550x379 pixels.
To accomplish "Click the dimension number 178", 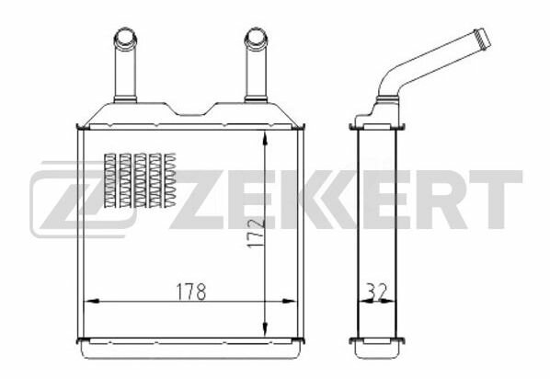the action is pyautogui.click(x=191, y=292).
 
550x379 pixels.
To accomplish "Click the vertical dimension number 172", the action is pyautogui.click(x=255, y=233).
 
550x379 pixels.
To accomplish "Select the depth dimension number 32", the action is pyautogui.click(x=376, y=292).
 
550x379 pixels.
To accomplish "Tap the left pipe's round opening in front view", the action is pyautogui.click(x=125, y=36).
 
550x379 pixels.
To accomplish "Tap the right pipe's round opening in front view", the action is pyautogui.click(x=256, y=36).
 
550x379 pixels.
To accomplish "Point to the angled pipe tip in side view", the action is pyautogui.click(x=483, y=39).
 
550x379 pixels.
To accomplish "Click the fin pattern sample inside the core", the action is pyautogui.click(x=140, y=180).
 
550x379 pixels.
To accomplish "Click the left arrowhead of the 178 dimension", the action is pyautogui.click(x=92, y=301).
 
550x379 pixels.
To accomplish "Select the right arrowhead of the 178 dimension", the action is pyautogui.click(x=290, y=301).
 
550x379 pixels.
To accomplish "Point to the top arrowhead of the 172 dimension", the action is pyautogui.click(x=265, y=138).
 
